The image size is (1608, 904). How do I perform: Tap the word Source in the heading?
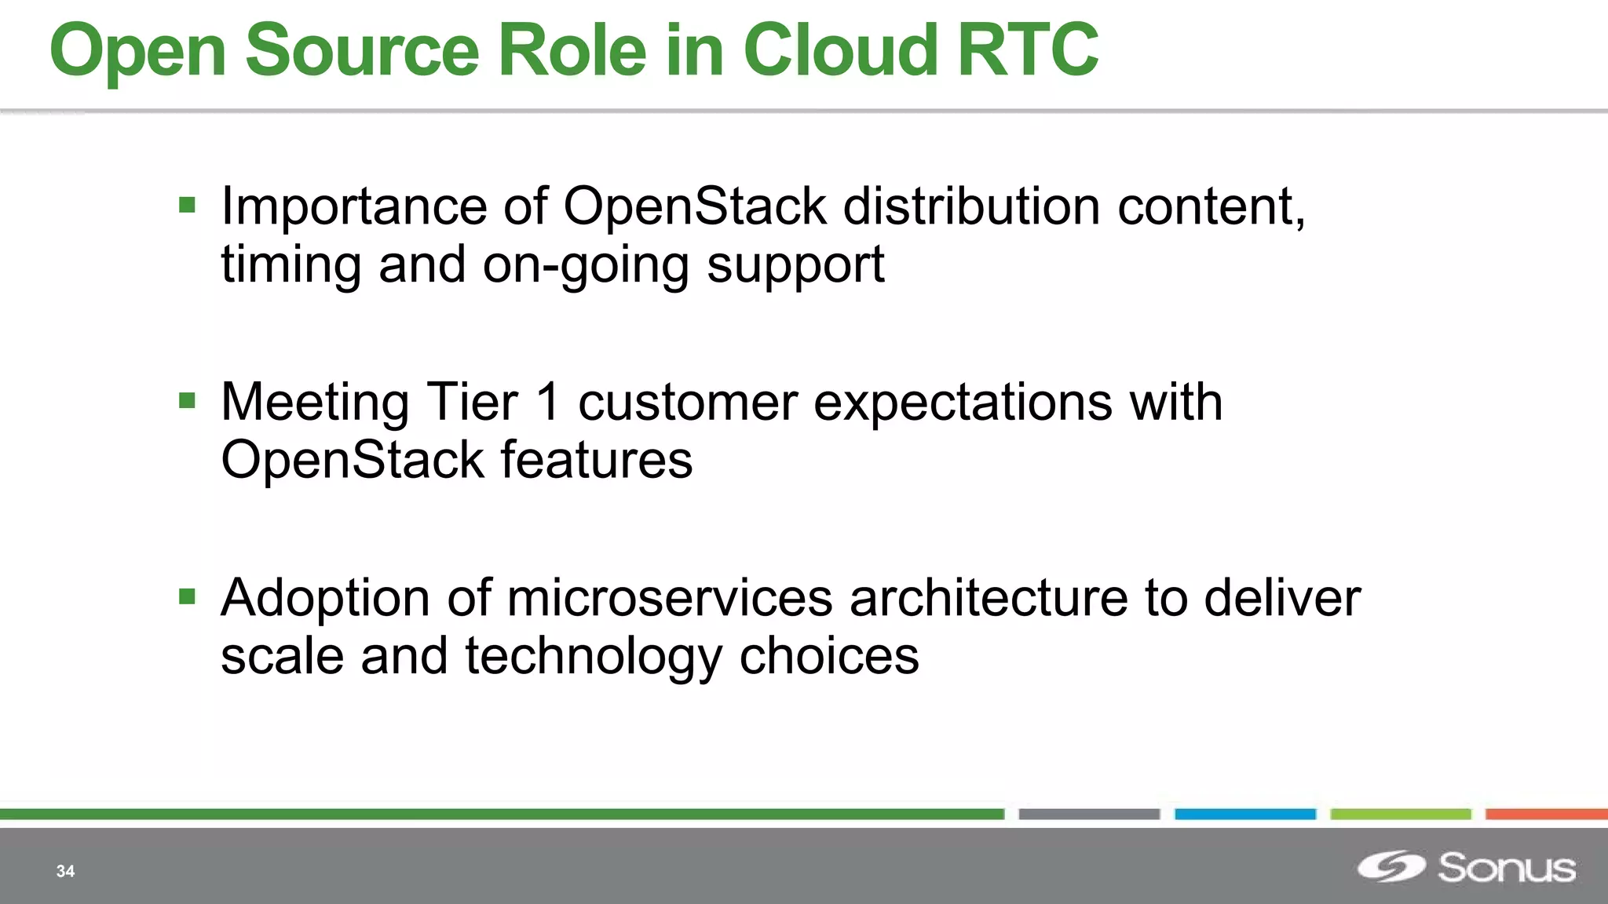click(362, 50)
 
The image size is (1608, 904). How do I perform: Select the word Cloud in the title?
click(840, 50)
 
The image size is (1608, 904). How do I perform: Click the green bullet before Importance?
click(187, 206)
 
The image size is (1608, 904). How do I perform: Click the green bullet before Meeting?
click(187, 401)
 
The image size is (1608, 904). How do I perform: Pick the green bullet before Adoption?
click(187, 597)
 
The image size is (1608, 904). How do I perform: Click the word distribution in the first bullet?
click(971, 206)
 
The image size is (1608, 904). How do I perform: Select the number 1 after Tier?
click(547, 402)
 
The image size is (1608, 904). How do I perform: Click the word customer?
click(687, 403)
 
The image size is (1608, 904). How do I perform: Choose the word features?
click(597, 460)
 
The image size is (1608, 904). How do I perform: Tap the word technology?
click(593, 658)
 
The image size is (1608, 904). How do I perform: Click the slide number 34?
click(65, 871)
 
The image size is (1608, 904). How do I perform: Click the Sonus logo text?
click(1506, 868)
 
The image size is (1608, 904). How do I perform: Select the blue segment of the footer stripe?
click(1244, 815)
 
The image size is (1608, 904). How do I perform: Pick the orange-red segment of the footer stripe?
click(1545, 815)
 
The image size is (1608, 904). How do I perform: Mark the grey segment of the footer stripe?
click(1089, 815)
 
